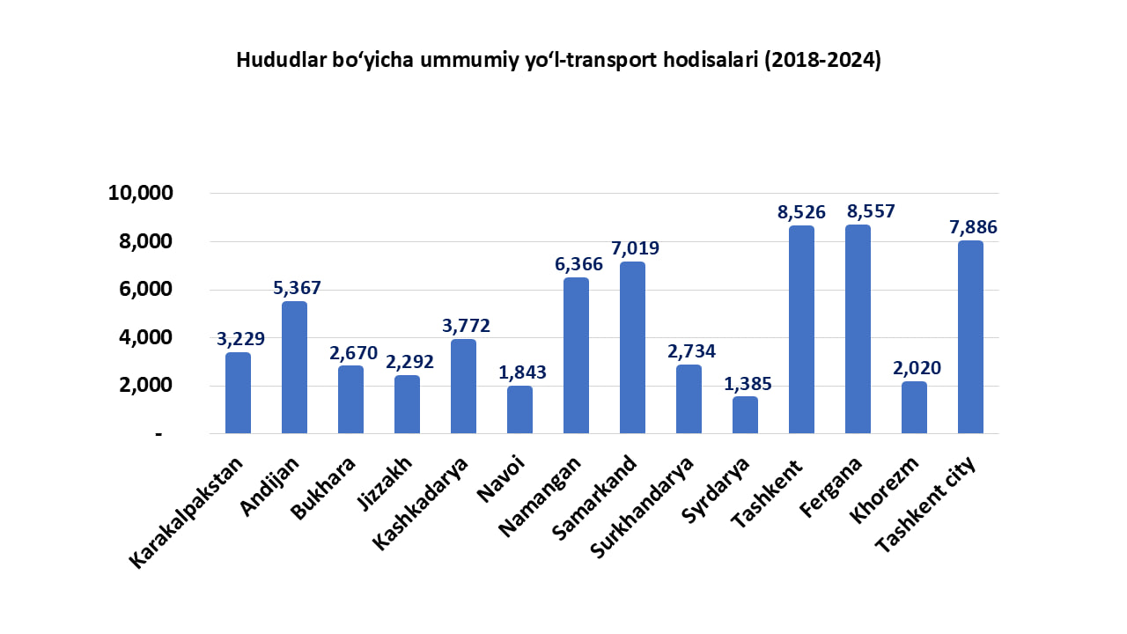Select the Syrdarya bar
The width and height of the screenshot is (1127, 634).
click(745, 415)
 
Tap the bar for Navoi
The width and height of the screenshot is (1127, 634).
click(519, 409)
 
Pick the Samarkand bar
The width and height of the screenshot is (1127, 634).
click(632, 347)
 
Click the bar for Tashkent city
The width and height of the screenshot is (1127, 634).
click(970, 336)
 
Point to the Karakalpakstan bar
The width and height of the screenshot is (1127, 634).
click(238, 393)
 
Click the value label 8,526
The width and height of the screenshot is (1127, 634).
click(801, 212)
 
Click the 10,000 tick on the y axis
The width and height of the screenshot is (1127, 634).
click(141, 194)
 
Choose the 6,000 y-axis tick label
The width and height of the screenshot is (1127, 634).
click(146, 290)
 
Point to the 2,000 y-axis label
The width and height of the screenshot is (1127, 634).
click(146, 386)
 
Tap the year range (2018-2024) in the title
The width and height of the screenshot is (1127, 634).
click(822, 61)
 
